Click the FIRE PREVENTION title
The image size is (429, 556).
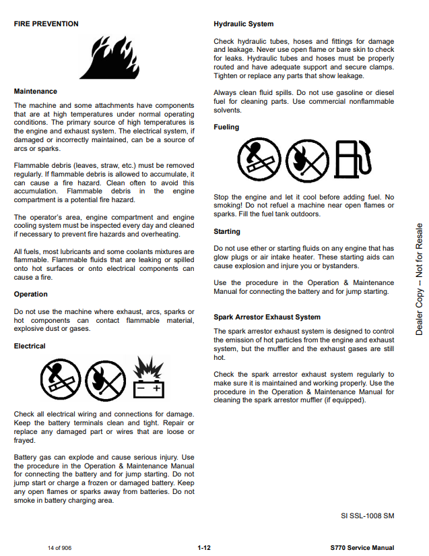[x=46, y=24]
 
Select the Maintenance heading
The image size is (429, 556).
[x=36, y=91]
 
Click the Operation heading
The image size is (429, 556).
[x=31, y=294]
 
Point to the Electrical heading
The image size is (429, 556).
[x=30, y=346]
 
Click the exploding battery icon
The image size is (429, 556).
[x=147, y=379]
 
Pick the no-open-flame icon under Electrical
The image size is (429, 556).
[x=105, y=379]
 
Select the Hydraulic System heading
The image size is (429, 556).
[x=243, y=24]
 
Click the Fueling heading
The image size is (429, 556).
[x=226, y=127]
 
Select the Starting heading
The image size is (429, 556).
[x=227, y=231]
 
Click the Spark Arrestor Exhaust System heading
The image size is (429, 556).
[x=267, y=317]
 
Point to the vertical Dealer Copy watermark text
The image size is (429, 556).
[x=419, y=279]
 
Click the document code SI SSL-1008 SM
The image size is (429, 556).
[x=367, y=516]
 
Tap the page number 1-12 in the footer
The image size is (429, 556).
[x=204, y=548]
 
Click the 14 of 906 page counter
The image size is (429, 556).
[x=59, y=548]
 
